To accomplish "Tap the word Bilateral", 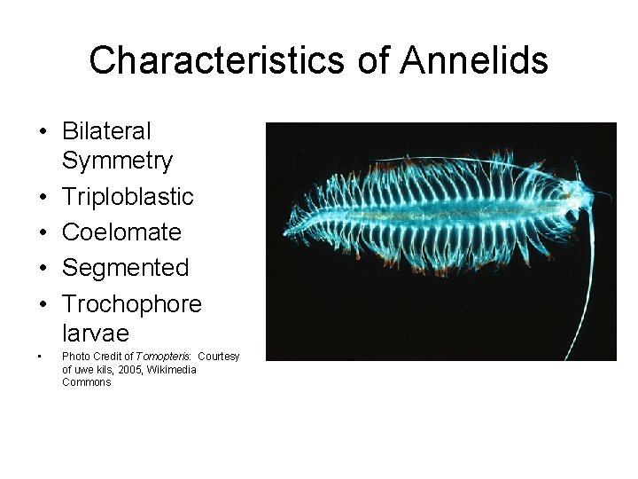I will click(x=107, y=131).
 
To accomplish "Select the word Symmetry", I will click(x=119, y=161).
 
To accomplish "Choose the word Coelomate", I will click(x=121, y=232).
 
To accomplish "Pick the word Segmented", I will click(x=125, y=267).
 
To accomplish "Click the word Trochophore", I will click(x=132, y=303).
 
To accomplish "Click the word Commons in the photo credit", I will click(x=87, y=382).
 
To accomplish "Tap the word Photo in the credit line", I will click(x=74, y=356).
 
